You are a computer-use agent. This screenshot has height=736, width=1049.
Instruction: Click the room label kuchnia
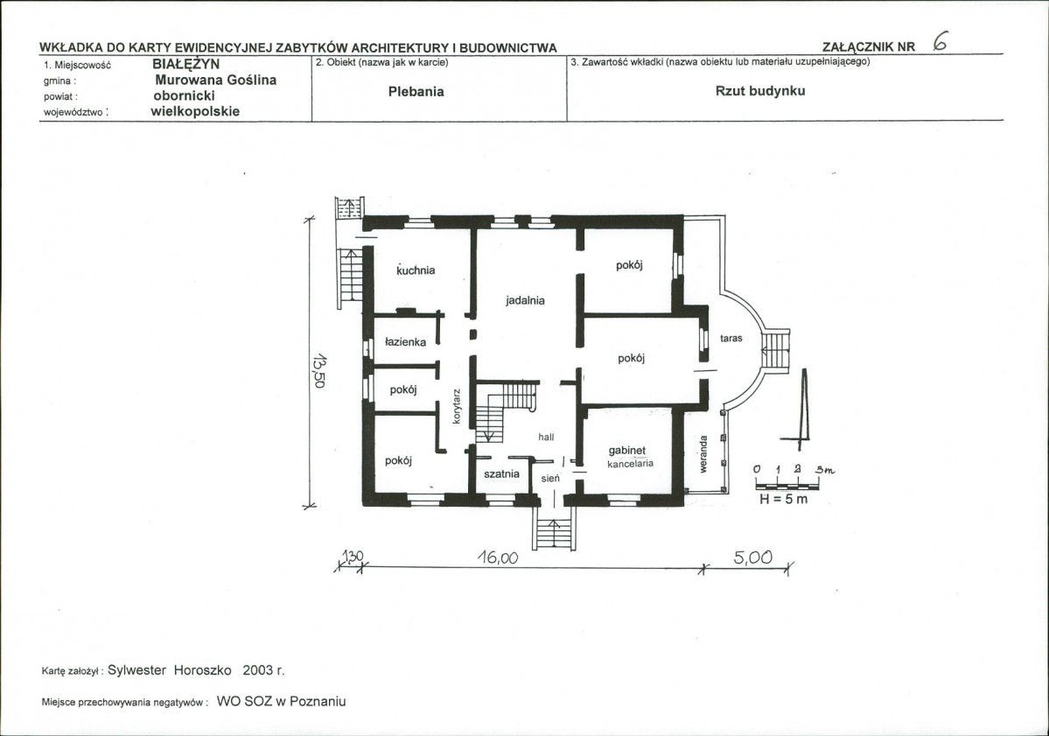416,270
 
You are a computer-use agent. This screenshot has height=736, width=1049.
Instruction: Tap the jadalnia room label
525,300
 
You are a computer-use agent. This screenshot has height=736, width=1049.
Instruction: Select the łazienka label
405,342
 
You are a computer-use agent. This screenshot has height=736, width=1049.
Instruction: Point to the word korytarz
457,405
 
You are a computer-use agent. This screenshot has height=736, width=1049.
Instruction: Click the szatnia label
501,473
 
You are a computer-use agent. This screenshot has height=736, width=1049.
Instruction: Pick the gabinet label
626,451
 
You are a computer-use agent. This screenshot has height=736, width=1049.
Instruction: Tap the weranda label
703,454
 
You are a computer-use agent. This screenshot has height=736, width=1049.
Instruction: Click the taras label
731,339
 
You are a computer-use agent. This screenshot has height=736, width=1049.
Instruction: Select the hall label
546,437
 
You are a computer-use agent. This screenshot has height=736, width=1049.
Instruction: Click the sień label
550,479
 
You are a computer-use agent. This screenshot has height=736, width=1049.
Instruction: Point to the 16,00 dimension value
498,557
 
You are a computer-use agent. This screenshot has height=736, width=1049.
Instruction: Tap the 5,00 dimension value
752,557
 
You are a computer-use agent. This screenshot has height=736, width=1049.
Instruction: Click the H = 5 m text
783,499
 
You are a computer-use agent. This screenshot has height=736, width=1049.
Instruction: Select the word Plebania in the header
416,92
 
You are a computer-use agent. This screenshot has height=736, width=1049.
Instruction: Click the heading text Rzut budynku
760,91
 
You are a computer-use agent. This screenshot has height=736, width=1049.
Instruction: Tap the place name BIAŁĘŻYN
186,65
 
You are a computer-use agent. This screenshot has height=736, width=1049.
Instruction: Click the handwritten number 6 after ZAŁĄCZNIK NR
940,42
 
